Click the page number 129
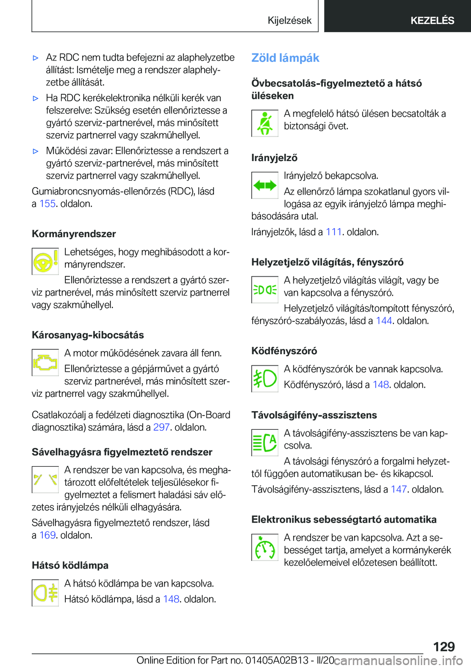pyautogui.click(x=444, y=646)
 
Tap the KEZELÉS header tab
pyautogui.click(x=432, y=20)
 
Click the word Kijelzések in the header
pyautogui.click(x=289, y=20)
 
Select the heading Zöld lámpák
pyautogui.click(x=285, y=58)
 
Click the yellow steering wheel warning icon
pyautogui.click(x=45, y=261)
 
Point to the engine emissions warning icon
pyautogui.click(x=45, y=362)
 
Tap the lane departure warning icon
pyautogui.click(x=45, y=479)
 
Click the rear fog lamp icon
pyautogui.click(x=45, y=593)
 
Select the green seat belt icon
pyautogui.click(x=264, y=123)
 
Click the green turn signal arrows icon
pyautogui.click(x=264, y=185)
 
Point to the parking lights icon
pyautogui.click(x=264, y=290)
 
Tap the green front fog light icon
pyautogui.click(x=264, y=379)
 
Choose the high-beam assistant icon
pyautogui.click(x=264, y=443)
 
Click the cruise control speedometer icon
pyautogui.click(x=264, y=548)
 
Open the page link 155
pyautogui.click(x=47, y=204)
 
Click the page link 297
pyautogui.click(x=161, y=427)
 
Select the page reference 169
pyautogui.click(x=47, y=535)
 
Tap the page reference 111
pyautogui.click(x=334, y=232)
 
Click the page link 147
pyautogui.click(x=398, y=490)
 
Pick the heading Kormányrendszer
pyautogui.click(x=74, y=234)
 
